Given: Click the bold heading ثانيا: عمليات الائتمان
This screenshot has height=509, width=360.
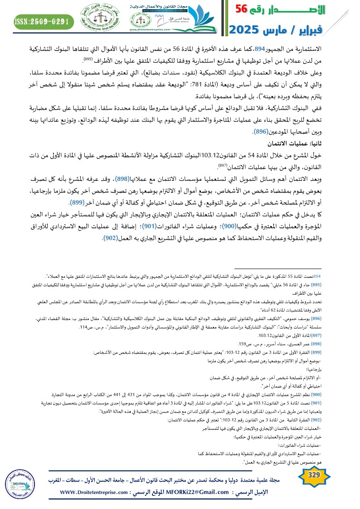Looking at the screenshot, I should tap(325, 143).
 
